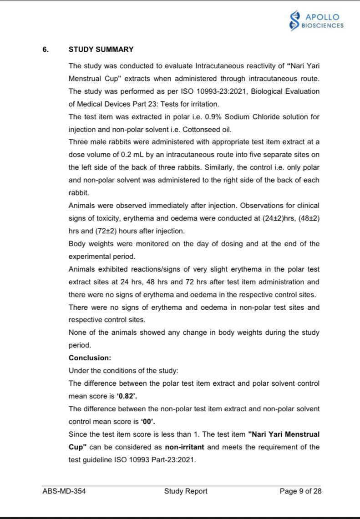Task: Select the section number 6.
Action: pos(45,50)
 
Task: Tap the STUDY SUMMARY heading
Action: pos(101,50)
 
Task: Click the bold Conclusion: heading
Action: pos(90,358)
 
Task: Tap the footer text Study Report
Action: pos(186,491)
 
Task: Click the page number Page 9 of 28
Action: pos(300,491)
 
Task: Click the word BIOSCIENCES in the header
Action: pos(323,25)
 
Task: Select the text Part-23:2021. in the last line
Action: pos(176,459)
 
